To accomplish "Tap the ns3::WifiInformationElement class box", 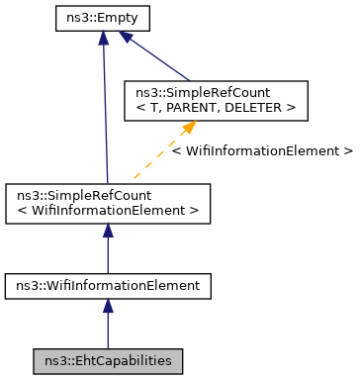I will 108,286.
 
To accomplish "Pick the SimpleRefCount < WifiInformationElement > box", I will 108,203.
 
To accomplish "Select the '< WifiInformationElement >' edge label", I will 261,151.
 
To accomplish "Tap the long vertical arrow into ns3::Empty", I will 103,109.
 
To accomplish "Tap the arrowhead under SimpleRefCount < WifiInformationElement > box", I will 108,232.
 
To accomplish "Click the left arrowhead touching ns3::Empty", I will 103,37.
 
